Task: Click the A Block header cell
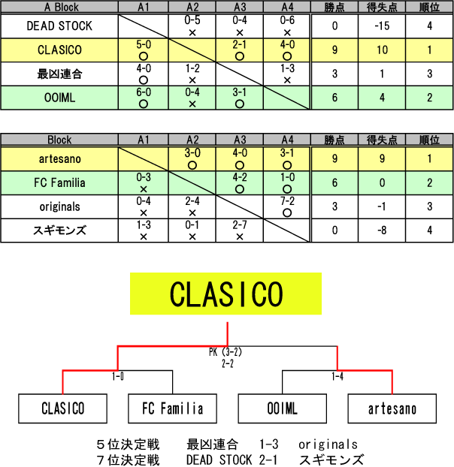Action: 59,8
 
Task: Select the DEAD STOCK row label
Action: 59,26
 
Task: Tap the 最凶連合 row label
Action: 59,74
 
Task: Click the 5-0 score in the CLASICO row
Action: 144,45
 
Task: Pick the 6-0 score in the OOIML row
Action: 144,93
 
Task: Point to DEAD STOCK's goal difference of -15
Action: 382,26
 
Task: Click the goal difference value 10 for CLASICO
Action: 382,50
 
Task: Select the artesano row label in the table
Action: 59,158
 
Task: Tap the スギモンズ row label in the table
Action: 59,230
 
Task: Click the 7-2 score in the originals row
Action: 288,201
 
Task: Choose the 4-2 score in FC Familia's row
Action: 240,177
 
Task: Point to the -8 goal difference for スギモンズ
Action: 382,230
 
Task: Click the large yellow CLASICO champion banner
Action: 226,294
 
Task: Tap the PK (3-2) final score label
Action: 226,351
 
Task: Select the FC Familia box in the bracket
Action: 172,409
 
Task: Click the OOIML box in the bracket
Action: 282,409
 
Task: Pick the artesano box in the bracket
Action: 392,409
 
